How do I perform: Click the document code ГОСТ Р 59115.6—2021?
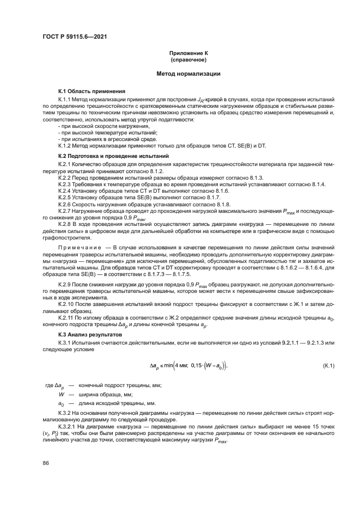(x=74, y=36)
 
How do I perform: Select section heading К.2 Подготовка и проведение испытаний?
(x=113, y=156)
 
